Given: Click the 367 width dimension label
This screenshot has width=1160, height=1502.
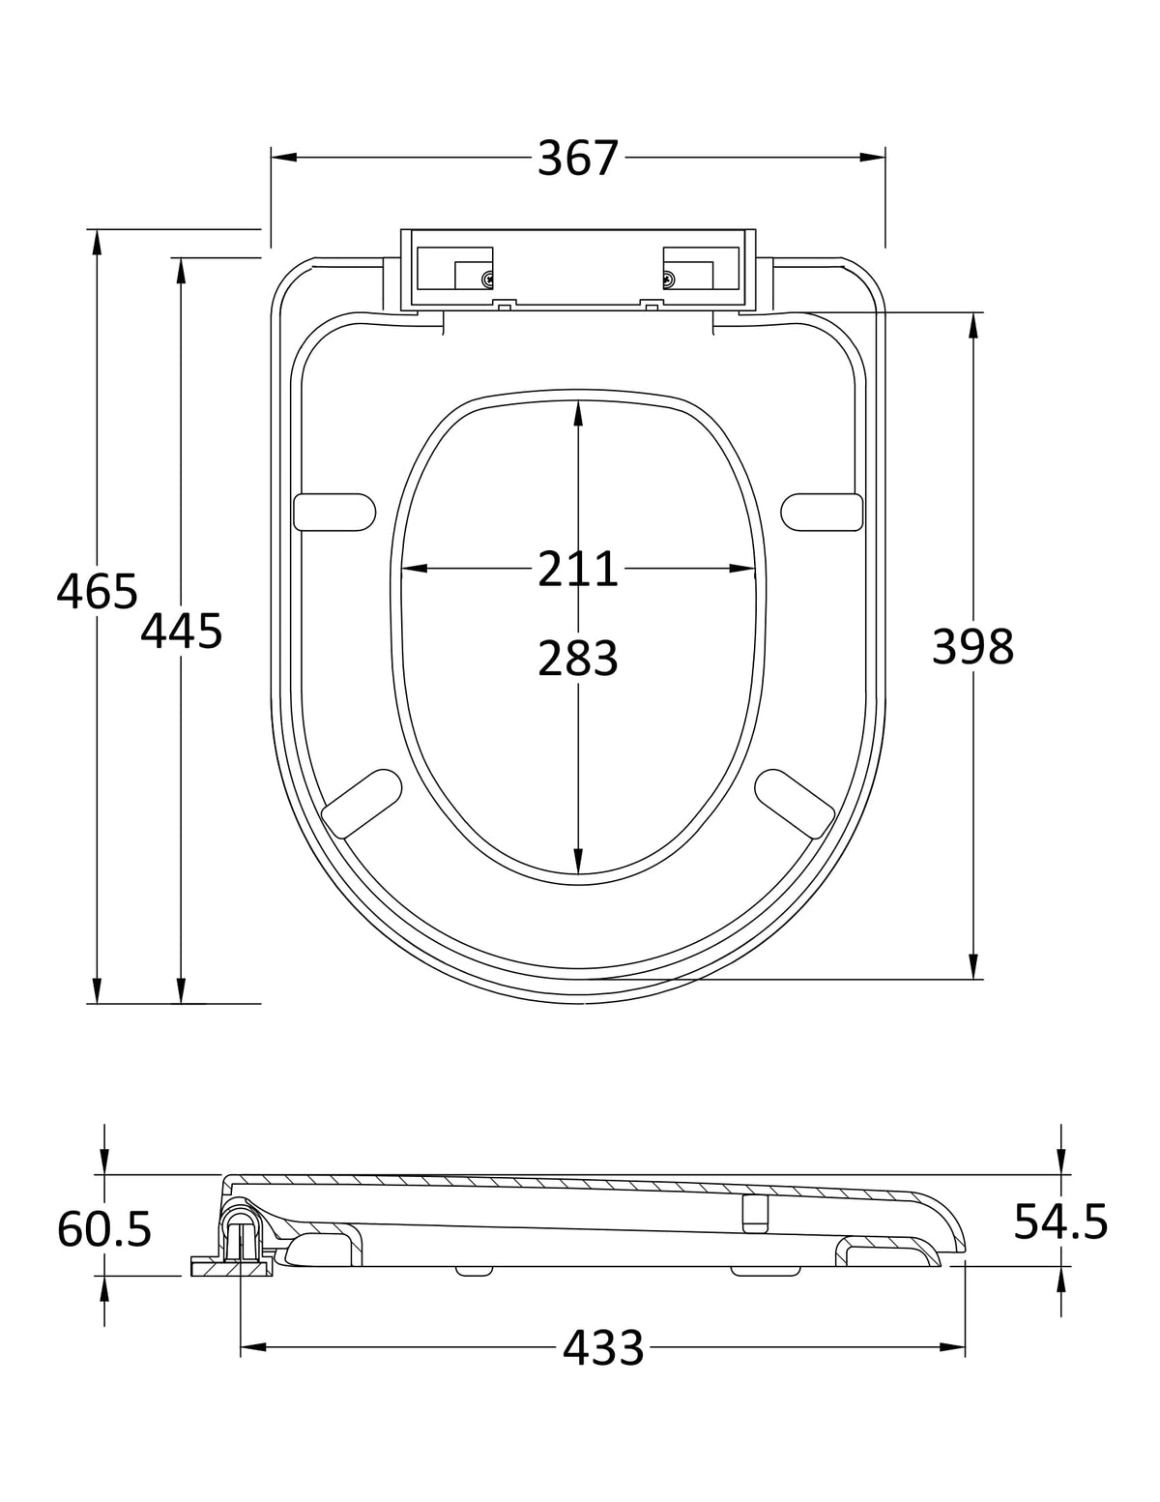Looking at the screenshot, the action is point(577,159).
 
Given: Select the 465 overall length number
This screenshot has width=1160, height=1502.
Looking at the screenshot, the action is point(98,592).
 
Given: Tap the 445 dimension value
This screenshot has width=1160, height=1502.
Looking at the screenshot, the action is point(182,632).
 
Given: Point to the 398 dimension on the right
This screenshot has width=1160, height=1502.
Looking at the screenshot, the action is point(972,647).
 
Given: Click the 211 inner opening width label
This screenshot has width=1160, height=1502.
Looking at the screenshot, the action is point(577,569).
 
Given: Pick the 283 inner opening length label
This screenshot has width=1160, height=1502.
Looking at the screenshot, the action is point(577,658).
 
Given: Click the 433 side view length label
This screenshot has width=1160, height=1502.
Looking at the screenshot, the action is point(603,1347).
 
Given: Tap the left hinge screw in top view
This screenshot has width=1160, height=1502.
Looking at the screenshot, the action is point(488,280).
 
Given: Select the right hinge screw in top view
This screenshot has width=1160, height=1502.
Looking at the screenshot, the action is point(669,280).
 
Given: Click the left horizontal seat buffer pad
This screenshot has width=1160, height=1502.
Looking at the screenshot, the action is point(334,513).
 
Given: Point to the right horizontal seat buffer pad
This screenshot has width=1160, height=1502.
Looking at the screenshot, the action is point(823,513).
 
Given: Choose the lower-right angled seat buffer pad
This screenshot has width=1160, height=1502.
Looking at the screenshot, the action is point(795,803).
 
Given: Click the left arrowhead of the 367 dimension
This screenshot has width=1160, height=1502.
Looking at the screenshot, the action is point(283,158).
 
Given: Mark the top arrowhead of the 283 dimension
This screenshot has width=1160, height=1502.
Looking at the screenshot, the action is point(578,414).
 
